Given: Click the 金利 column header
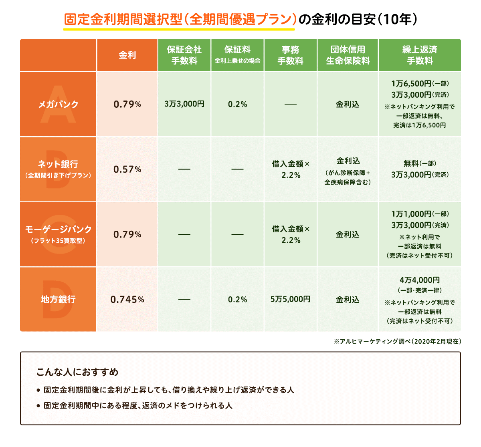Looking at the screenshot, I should (x=127, y=55).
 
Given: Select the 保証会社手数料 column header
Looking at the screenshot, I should (x=184, y=55).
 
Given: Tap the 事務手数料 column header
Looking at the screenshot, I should (x=291, y=55).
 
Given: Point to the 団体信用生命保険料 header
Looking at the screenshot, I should (x=348, y=55).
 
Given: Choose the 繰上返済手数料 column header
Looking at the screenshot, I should (x=420, y=55).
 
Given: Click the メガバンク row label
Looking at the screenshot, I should (x=58, y=105).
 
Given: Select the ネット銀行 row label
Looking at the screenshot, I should (x=58, y=164).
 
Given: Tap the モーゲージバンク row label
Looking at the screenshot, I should (x=58, y=230).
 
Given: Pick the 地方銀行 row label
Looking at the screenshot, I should (x=58, y=300).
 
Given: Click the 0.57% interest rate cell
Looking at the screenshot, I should (x=127, y=169).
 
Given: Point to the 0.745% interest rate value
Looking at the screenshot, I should (x=127, y=300).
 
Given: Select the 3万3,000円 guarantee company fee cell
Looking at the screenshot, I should (x=184, y=104).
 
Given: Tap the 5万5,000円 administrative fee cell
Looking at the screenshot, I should (x=291, y=299).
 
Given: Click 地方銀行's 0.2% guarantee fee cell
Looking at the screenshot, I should (x=237, y=300).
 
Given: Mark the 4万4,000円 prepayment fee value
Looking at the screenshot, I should (x=420, y=280).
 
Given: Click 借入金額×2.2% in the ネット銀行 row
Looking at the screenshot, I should (x=291, y=169).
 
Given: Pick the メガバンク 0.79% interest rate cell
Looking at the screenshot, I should (x=127, y=105).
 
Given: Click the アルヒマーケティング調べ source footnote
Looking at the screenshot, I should (x=397, y=342).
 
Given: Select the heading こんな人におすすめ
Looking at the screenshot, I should (x=77, y=372).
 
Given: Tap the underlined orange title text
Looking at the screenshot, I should (x=180, y=20).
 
